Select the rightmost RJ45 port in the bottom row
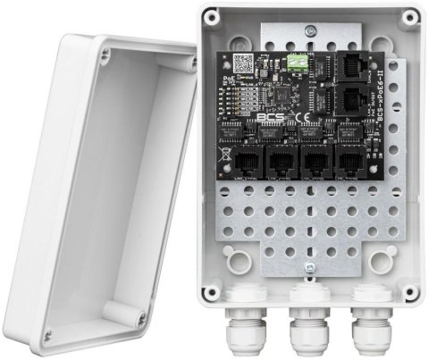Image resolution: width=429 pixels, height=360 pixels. coord(348,162)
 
